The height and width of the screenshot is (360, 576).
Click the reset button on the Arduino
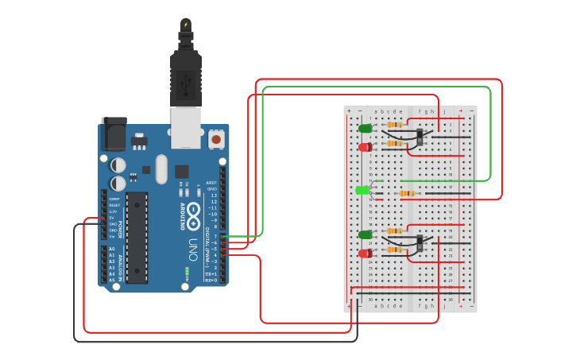click(215, 140)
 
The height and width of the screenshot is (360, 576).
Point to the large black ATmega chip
click(136, 237)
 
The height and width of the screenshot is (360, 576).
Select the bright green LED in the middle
click(362, 190)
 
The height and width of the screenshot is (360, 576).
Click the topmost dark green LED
click(365, 128)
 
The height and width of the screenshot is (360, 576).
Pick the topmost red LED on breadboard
click(365, 147)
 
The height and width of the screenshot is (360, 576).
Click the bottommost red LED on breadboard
click(365, 254)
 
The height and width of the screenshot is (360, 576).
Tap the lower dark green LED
click(365, 234)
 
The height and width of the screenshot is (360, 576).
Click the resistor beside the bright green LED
click(407, 193)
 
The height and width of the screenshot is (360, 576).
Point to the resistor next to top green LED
click(394, 125)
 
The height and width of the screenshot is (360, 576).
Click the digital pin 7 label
click(215, 236)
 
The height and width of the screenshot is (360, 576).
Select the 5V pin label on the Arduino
click(112, 218)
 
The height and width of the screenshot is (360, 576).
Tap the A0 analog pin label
click(111, 249)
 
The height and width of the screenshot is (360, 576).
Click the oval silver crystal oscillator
click(162, 168)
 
